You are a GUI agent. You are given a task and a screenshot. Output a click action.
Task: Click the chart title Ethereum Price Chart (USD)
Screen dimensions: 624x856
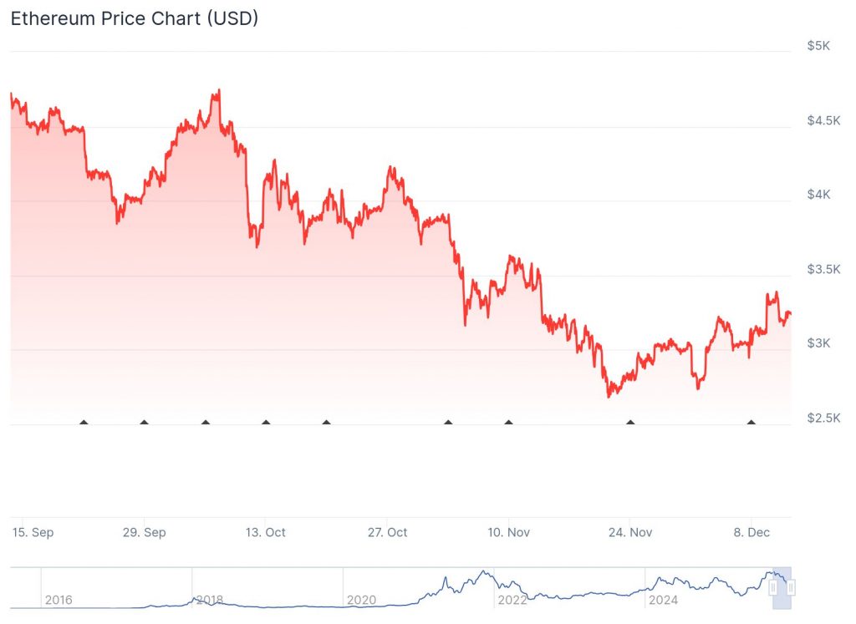coord(134,18)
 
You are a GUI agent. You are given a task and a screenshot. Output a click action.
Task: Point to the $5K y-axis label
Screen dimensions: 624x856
coord(818,46)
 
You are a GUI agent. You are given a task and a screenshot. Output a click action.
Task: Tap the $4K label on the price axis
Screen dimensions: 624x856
coord(818,195)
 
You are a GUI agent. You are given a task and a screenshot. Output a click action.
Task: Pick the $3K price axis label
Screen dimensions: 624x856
coord(818,343)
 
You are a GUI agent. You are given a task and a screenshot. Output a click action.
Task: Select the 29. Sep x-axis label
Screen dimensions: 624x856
coord(145,532)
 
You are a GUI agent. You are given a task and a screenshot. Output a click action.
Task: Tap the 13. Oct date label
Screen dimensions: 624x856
coord(266,532)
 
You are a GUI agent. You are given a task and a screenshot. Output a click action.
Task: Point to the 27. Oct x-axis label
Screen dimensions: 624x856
coord(387,532)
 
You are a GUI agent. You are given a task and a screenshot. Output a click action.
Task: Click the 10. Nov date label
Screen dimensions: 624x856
coord(508,532)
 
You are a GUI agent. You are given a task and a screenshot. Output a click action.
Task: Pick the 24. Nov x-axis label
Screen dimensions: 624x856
coord(630,532)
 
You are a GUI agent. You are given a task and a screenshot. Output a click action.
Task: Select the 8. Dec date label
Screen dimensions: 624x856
coord(751,532)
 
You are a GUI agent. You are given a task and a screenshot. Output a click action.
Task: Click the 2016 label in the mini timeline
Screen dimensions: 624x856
coord(59,599)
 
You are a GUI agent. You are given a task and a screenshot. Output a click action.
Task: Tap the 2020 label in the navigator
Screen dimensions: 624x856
coord(361,599)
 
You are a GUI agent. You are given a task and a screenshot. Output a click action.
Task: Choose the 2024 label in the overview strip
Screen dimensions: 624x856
coord(663,599)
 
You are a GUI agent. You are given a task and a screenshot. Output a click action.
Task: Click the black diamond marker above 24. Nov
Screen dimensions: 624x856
coord(630,423)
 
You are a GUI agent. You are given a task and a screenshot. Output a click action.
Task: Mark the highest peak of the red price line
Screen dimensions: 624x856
coord(218,90)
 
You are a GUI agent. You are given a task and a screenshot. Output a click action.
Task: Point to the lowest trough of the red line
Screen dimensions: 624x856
coord(609,396)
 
